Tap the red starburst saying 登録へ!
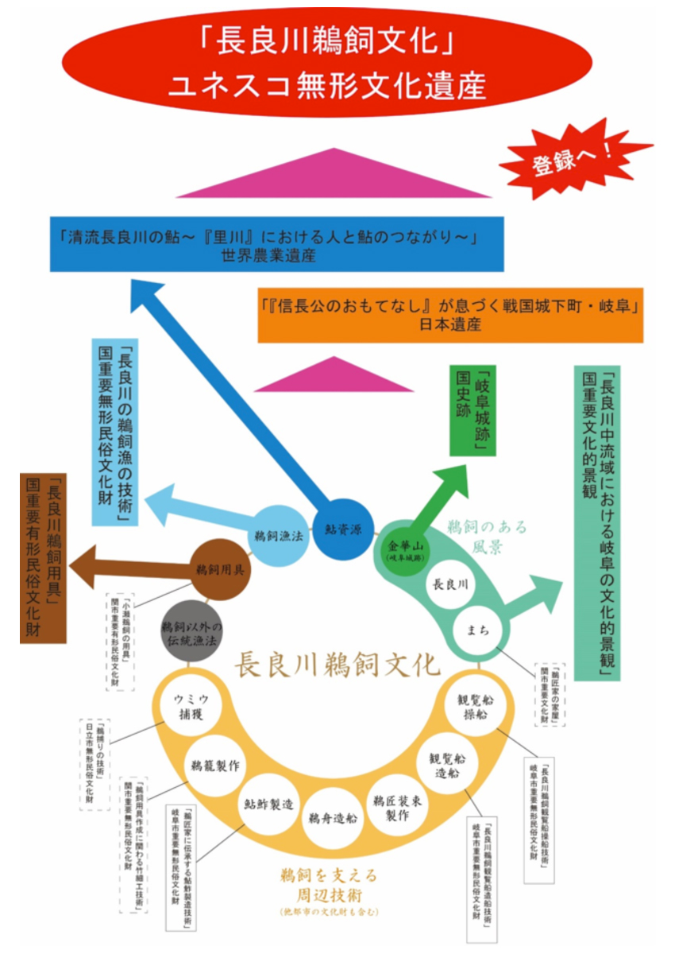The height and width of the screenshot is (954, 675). [573, 158]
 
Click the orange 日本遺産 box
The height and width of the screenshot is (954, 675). [450, 315]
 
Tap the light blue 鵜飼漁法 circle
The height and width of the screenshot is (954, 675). [280, 537]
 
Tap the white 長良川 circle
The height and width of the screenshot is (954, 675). [449, 584]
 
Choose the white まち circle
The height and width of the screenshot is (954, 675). [478, 630]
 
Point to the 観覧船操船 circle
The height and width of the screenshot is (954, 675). [475, 706]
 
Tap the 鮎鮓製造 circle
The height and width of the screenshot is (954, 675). [269, 803]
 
